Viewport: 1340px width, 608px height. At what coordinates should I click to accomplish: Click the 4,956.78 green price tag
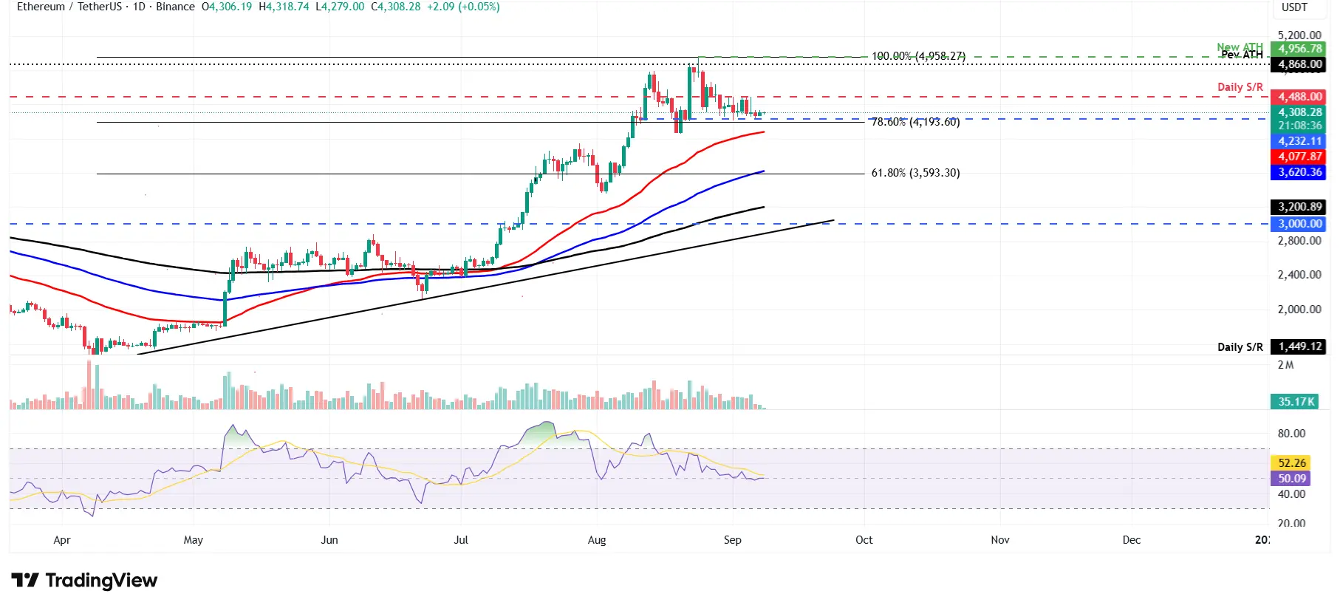(1299, 49)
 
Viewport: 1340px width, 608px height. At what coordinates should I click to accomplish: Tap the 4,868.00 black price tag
(1299, 64)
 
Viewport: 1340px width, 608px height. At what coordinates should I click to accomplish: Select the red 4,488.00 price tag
(1299, 97)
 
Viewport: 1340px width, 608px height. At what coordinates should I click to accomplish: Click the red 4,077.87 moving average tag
(1299, 157)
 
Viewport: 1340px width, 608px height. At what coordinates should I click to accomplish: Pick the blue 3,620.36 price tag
(1299, 172)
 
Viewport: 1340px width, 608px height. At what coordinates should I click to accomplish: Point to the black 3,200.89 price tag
(1299, 207)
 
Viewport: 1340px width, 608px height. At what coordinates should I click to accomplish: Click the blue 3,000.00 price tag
(1299, 224)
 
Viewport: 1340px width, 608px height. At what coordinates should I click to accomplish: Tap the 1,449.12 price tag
(1299, 346)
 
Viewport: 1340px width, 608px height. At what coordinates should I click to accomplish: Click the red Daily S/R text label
(1240, 87)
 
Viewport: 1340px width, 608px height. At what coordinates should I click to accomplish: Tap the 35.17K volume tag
(1296, 402)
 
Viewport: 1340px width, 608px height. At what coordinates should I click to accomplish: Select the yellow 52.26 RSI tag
(1291, 463)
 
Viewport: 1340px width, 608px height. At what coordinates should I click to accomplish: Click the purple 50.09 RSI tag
(1291, 479)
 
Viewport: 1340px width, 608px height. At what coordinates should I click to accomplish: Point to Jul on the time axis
(461, 540)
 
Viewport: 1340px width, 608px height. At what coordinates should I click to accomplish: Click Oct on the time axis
(864, 540)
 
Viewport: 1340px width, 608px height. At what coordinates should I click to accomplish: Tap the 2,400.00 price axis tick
(1299, 275)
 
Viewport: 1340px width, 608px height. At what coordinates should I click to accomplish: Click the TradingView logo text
(101, 581)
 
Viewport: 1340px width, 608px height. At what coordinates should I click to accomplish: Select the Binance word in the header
(175, 7)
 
